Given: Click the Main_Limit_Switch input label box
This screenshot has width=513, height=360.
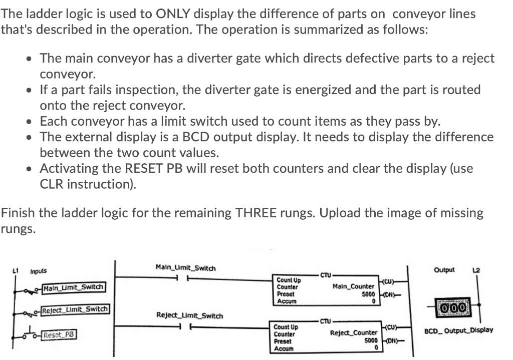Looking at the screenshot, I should pos(74,287).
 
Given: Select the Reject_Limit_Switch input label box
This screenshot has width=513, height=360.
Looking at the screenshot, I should pos(76,309).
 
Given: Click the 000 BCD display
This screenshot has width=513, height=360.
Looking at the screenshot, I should pos(454,305).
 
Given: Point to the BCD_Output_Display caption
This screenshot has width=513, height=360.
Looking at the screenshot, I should pos(458,330).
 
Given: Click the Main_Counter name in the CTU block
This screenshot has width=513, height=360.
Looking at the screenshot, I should pos(353,286).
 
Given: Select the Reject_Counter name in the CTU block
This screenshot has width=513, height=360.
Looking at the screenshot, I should pos(354,332).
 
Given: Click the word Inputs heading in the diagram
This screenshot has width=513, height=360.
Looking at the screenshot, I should pos(38,271).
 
